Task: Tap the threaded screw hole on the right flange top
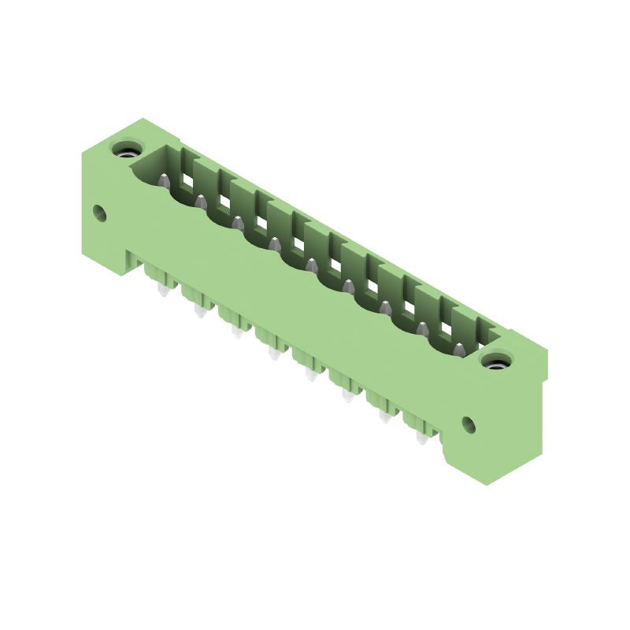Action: click(496, 362)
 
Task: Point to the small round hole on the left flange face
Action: click(99, 212)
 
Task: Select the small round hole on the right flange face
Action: click(469, 424)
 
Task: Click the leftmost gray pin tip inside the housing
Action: click(163, 180)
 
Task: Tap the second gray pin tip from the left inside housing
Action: click(200, 202)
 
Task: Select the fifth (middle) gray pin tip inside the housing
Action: click(311, 265)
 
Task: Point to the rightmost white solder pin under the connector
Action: click(422, 437)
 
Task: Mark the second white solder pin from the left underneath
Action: click(199, 312)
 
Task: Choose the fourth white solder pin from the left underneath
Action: click(274, 354)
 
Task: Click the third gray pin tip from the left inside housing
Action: click(237, 223)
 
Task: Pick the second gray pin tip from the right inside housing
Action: click(422, 328)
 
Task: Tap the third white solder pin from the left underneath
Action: click(236, 333)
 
